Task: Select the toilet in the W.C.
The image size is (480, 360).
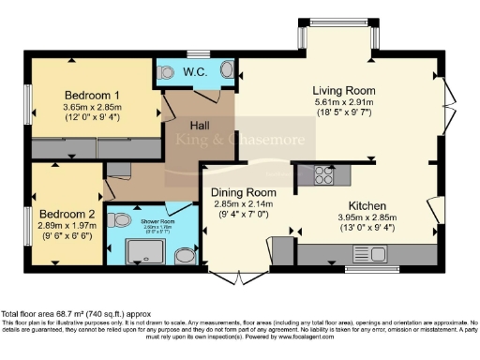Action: (166, 72)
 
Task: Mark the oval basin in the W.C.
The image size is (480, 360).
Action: (227, 71)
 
